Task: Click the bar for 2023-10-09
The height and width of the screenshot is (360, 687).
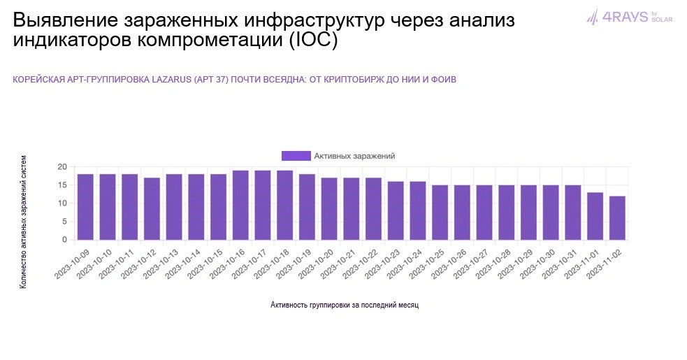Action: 85,207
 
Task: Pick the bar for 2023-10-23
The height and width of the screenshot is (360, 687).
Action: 396,210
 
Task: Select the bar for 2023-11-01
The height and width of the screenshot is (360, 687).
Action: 595,216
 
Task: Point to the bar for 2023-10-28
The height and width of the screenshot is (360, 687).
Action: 507,213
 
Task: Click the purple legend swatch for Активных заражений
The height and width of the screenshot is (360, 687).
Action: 296,156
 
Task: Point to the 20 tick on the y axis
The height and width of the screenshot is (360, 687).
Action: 62,167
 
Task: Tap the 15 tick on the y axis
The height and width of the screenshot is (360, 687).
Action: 62,185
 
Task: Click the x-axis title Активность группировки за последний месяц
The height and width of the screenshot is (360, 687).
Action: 345,305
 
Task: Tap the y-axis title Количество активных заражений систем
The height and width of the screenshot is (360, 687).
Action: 24,222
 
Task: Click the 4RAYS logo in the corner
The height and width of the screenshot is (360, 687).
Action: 629,17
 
